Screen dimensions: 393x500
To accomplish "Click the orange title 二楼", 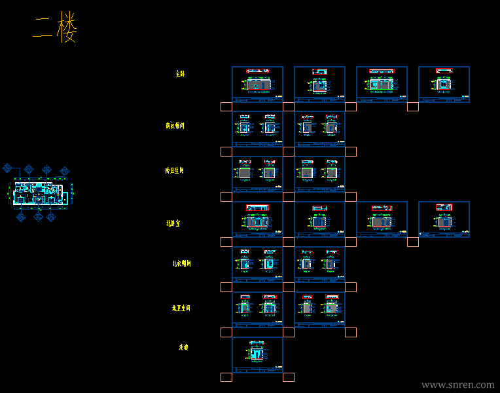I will tap(56, 28).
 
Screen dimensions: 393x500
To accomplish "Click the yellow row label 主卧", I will tap(180, 74).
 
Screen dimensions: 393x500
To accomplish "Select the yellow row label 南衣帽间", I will tap(175, 125).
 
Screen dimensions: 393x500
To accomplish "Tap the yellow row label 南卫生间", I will tap(175, 170).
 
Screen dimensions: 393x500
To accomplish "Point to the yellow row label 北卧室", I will tap(173, 223).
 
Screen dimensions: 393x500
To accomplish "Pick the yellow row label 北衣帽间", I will tap(181, 263).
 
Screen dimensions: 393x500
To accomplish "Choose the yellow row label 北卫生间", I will tap(181, 307).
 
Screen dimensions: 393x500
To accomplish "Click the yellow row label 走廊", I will tap(184, 346).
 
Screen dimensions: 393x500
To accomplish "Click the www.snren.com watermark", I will tap(457, 385).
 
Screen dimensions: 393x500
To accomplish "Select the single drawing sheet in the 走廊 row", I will tap(257, 354).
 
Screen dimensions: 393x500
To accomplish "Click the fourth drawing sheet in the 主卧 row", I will tap(444, 84).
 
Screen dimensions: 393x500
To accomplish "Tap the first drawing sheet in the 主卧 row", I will tap(257, 84).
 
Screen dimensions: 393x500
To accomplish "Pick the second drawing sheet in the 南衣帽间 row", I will tap(319, 129).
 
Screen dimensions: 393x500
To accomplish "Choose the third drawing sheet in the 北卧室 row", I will tap(382, 219).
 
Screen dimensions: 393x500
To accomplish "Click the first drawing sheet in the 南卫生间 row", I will tap(257, 174).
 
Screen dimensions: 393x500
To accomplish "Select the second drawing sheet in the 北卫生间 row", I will tap(319, 309).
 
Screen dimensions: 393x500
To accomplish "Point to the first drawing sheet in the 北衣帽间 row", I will tap(257, 264).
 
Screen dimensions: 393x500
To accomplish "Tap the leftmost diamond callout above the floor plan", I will tap(8, 168).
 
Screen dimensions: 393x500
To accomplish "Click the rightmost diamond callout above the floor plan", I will tap(64, 172).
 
